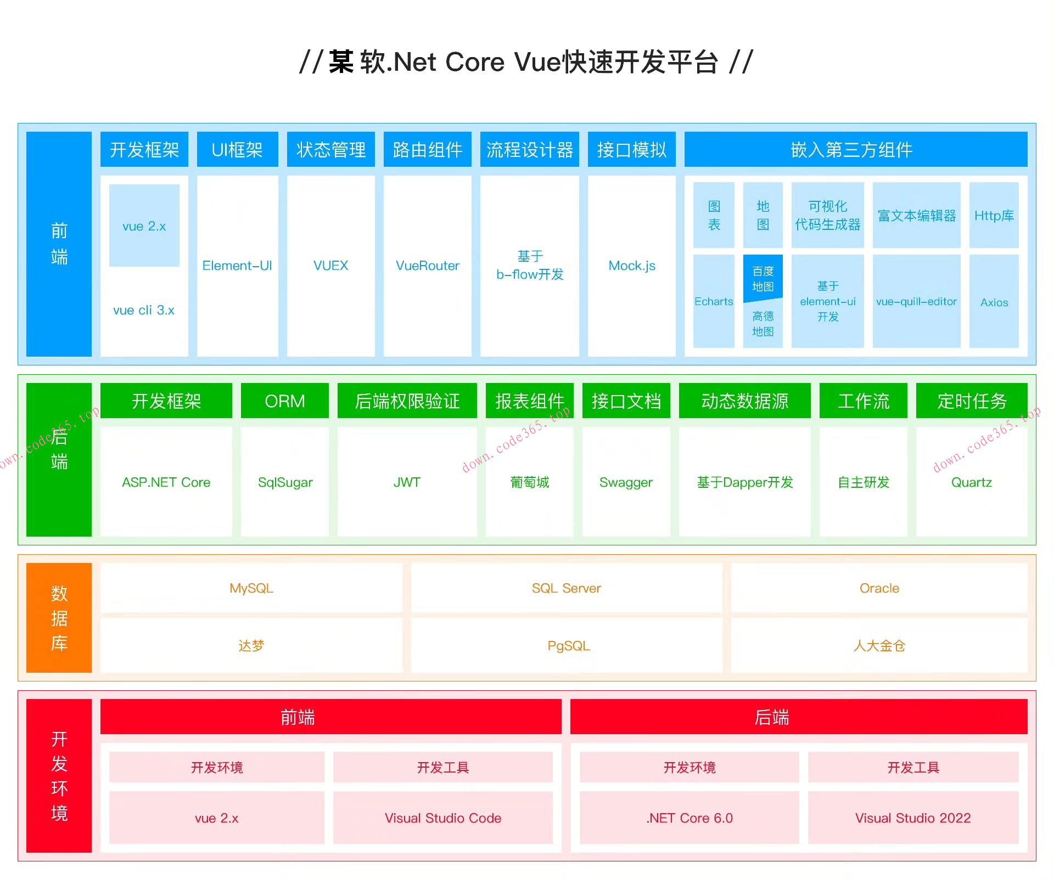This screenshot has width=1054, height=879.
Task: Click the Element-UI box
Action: tap(237, 266)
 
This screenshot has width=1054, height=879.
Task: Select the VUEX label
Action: tap(330, 266)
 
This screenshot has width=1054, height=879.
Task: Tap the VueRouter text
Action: tap(427, 266)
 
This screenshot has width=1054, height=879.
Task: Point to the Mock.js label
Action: tap(632, 266)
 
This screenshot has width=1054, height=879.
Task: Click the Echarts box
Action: tap(714, 301)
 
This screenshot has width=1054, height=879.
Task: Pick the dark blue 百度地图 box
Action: tap(763, 279)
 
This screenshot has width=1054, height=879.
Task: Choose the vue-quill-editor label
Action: tap(916, 301)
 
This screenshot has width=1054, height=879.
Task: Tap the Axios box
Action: tap(994, 302)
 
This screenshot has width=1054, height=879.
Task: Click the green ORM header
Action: tap(284, 401)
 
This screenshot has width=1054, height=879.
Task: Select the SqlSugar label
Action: tap(285, 482)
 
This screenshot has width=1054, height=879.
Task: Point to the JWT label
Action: tap(407, 482)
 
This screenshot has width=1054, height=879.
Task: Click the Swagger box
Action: tap(626, 482)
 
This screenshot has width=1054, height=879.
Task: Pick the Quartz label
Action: tap(972, 482)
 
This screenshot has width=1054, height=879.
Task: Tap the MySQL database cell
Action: tap(251, 588)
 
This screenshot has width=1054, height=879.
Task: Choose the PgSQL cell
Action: tap(568, 646)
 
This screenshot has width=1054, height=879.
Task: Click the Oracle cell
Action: tap(879, 588)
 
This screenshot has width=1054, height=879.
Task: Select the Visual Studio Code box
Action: tap(443, 818)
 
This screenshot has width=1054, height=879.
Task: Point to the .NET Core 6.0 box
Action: tap(689, 818)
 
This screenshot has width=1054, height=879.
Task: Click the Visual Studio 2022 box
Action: tap(913, 818)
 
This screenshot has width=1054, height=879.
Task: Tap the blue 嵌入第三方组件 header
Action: tap(855, 150)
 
